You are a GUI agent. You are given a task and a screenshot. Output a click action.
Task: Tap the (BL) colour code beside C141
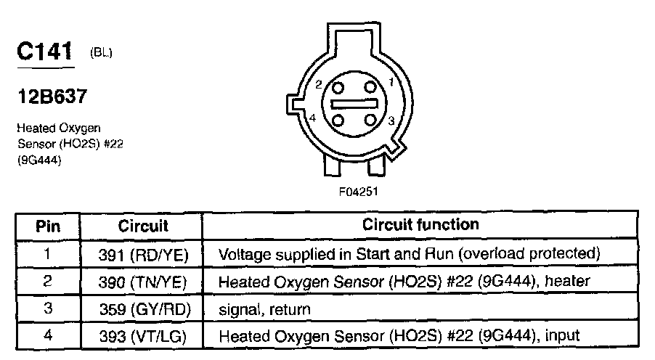pos(102,52)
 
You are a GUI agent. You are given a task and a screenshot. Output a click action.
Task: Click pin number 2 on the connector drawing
pos(319,85)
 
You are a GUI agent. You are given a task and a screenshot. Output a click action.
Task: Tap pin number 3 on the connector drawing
pos(391,121)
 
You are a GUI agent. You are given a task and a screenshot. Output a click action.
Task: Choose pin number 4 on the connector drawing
pos(312,118)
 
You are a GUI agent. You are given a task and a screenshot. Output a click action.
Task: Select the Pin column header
pos(49,225)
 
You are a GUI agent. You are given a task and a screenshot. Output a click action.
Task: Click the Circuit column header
pos(143,225)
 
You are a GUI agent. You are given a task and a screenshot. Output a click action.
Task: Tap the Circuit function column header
pos(420,224)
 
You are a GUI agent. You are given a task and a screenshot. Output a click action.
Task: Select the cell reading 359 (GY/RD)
pos(145,309)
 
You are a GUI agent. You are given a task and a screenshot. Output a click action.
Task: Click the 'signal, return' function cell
pos(264,310)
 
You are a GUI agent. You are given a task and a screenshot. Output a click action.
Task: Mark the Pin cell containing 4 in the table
pos(49,336)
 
